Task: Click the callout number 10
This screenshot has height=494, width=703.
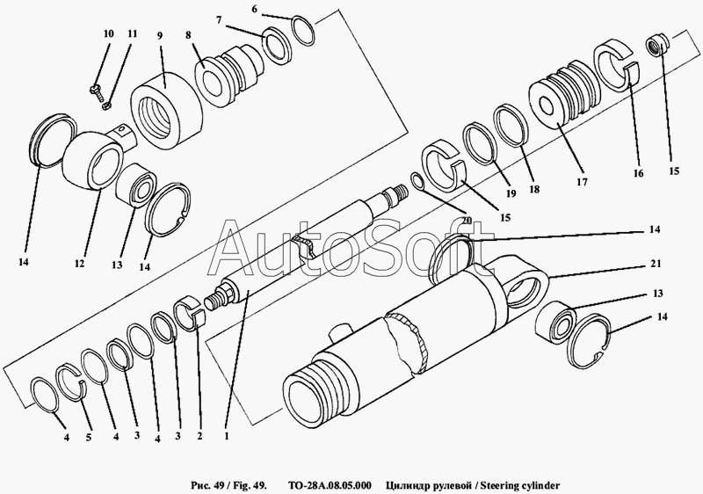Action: coord(108,33)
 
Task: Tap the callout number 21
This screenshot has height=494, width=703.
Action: coord(656,264)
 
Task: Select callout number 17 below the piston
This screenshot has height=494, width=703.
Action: coord(580,184)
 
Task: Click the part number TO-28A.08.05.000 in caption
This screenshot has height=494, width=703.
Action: coord(330,484)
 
